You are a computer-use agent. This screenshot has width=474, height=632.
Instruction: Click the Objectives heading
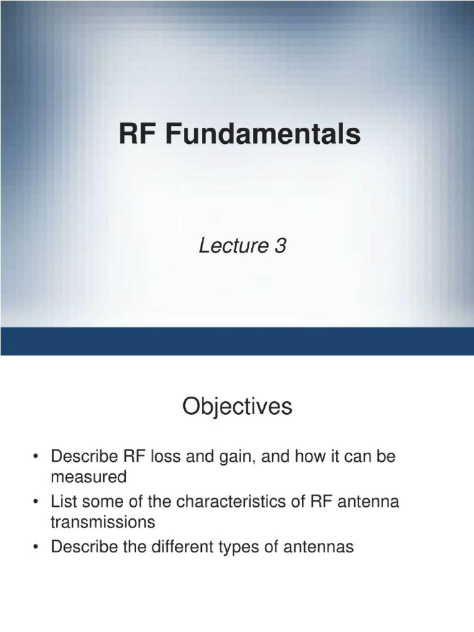coord(237,408)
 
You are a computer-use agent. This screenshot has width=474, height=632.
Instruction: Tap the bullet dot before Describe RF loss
coord(36,457)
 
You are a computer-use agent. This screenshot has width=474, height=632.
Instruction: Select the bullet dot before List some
coord(36,502)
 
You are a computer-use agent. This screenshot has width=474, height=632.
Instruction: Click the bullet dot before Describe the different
coord(36,547)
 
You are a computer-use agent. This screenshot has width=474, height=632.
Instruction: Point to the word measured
coord(88,477)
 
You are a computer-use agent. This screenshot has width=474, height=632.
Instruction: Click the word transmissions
coord(102,522)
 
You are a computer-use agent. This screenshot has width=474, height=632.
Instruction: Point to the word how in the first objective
coord(298,457)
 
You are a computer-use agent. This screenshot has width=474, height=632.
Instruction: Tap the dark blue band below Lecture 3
coord(237,341)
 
